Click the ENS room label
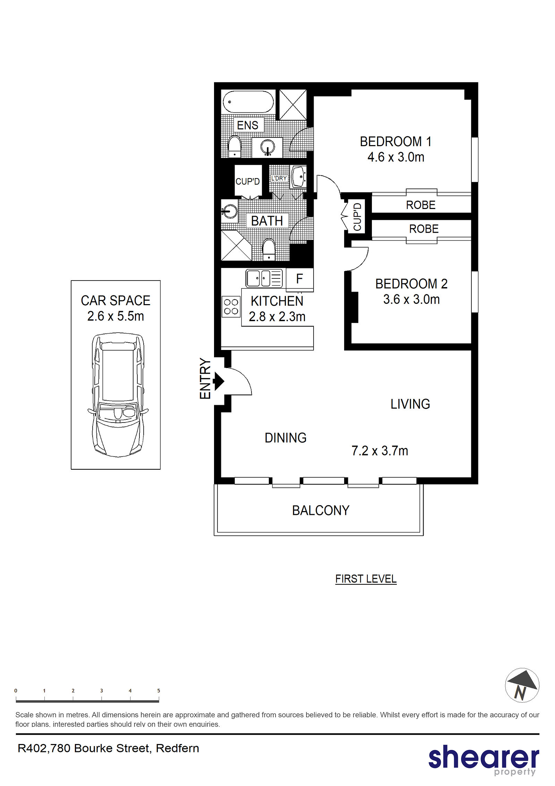(247, 125)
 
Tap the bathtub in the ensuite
(248, 102)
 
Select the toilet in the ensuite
(234, 146)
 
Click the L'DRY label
(279, 178)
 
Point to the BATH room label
(267, 221)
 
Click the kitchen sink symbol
(264, 278)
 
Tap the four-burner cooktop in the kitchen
(231, 307)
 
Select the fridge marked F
(300, 279)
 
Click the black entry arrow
(219, 381)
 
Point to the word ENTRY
(205, 378)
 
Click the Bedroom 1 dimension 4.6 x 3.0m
(396, 157)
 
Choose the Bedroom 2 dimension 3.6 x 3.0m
(411, 299)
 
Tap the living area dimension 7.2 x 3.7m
(380, 451)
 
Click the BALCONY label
(321, 510)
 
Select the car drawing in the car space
(118, 395)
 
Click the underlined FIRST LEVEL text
(366, 579)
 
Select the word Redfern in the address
(177, 748)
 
